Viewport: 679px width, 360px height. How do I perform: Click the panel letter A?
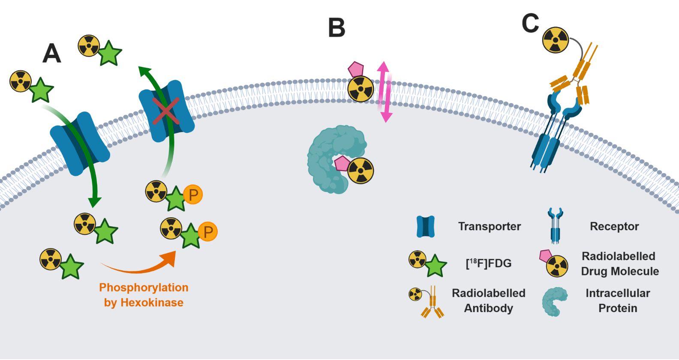tap(52, 54)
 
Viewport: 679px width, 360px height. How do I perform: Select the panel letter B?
tap(336, 28)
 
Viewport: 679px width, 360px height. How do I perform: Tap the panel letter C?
tap(530, 23)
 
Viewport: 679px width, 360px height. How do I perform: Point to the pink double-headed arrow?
tap(385, 92)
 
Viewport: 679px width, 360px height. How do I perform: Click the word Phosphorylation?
tap(144, 287)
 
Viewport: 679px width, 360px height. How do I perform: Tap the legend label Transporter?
tap(489, 226)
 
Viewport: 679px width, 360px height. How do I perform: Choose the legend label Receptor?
tap(614, 226)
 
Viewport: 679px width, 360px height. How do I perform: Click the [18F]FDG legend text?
tap(489, 263)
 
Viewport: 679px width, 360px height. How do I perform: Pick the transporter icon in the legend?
tap(426, 227)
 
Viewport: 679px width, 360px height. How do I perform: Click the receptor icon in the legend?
tap(555, 225)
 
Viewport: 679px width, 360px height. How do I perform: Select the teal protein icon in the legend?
tap(555, 302)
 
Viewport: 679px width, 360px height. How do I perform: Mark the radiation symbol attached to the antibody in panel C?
tap(556, 40)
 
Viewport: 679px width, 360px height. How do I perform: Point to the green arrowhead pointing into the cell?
tap(95, 202)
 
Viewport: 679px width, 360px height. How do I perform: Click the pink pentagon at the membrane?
tap(356, 69)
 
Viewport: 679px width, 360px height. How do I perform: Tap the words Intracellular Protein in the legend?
tap(618, 300)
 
